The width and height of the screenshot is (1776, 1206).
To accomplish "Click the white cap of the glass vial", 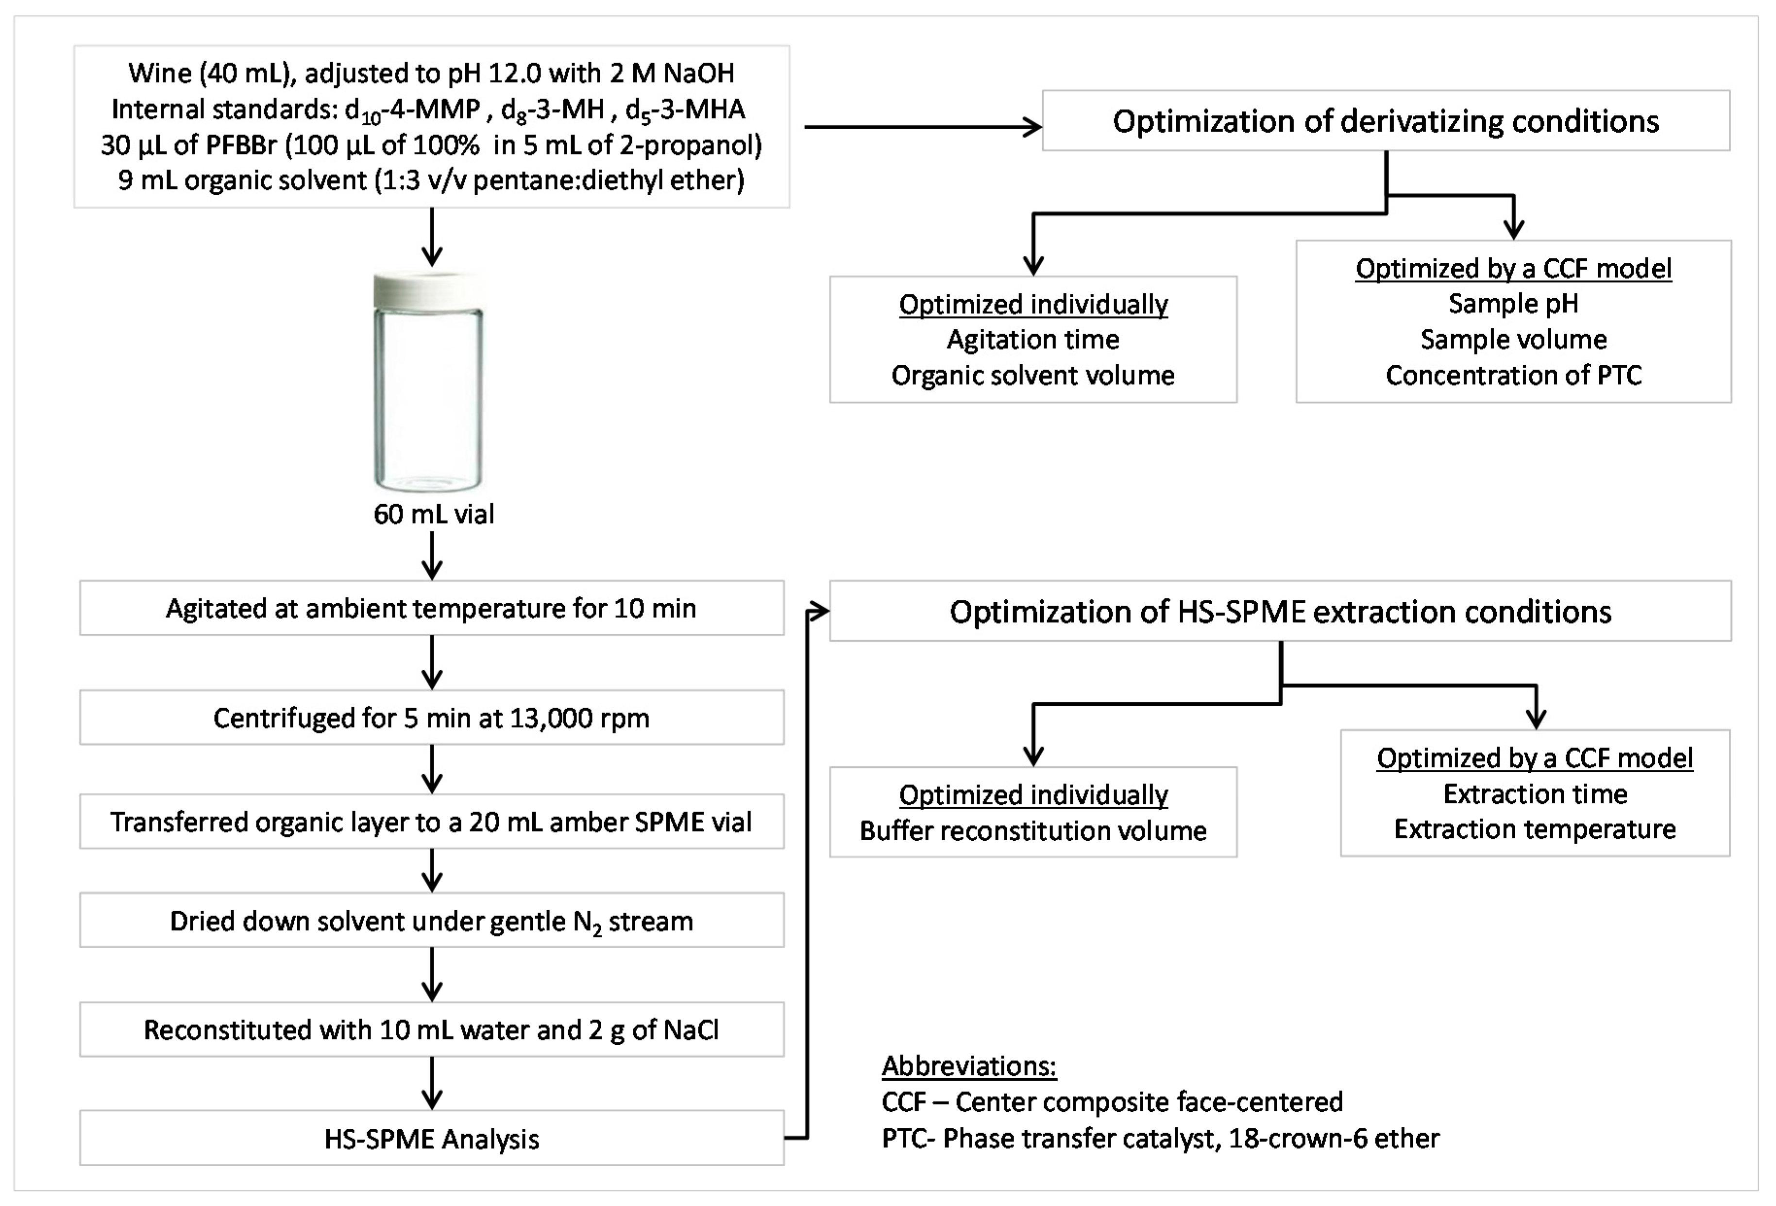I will (428, 290).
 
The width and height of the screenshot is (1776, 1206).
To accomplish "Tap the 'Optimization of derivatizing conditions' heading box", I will (1386, 121).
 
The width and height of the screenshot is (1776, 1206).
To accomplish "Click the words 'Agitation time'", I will (1032, 340).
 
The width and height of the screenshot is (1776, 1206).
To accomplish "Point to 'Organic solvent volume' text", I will (1032, 375).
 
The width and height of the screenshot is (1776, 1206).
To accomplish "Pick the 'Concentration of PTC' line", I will (1513, 375).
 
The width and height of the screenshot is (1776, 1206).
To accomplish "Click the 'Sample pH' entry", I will (1513, 304).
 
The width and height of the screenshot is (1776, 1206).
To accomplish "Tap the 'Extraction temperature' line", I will (1535, 829).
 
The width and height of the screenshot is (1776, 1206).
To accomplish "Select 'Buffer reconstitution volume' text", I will (1032, 831).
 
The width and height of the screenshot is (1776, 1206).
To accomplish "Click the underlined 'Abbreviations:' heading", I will (969, 1065).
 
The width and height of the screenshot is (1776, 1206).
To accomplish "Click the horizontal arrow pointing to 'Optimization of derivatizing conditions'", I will (923, 127).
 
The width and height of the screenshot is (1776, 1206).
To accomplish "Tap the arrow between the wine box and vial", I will (433, 237).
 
